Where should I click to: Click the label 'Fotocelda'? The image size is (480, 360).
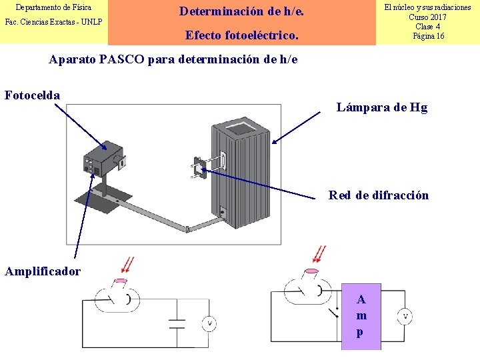click(x=32, y=95)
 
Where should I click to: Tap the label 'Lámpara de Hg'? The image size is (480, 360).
click(x=382, y=107)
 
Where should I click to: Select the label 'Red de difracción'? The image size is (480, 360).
click(x=379, y=195)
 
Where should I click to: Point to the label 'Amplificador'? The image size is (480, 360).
click(x=43, y=271)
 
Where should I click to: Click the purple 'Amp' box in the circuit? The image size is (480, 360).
click(x=361, y=317)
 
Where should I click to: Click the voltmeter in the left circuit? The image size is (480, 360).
click(x=209, y=323)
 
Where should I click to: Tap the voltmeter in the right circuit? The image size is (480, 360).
click(x=405, y=316)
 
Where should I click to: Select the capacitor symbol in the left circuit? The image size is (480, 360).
click(x=177, y=323)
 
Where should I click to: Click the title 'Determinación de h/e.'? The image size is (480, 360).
click(x=242, y=11)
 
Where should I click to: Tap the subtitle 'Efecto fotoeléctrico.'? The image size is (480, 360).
click(x=242, y=35)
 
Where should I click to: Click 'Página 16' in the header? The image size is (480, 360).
click(x=428, y=36)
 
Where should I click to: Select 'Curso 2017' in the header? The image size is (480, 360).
click(x=428, y=17)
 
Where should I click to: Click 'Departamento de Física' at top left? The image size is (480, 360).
click(x=53, y=8)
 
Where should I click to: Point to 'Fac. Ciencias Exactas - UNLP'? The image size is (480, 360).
click(x=53, y=22)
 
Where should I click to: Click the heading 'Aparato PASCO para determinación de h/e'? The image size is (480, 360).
click(x=173, y=59)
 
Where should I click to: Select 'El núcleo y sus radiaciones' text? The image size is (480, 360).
click(x=428, y=7)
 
